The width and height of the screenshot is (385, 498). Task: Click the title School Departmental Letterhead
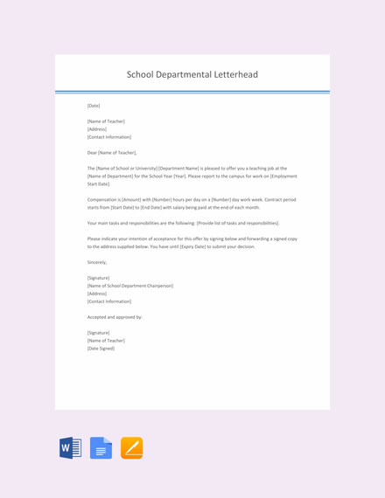coord(192,74)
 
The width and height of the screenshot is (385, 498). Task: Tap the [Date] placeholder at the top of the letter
coord(94,105)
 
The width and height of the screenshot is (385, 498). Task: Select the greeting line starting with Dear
coord(112,152)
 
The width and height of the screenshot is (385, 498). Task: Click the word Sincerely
coord(97,262)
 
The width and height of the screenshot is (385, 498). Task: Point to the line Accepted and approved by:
coord(115,316)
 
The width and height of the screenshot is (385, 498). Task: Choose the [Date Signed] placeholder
coord(101,348)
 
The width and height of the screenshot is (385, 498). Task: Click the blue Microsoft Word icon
coord(71,448)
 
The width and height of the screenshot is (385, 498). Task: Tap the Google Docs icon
coord(101,448)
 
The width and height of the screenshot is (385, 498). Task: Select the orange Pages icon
coord(131,448)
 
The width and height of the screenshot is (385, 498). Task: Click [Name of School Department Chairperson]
coord(130,286)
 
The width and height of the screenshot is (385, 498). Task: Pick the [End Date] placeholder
coord(157,207)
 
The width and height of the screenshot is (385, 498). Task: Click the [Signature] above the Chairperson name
coord(98,278)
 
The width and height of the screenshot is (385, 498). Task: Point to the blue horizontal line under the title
coord(192,91)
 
